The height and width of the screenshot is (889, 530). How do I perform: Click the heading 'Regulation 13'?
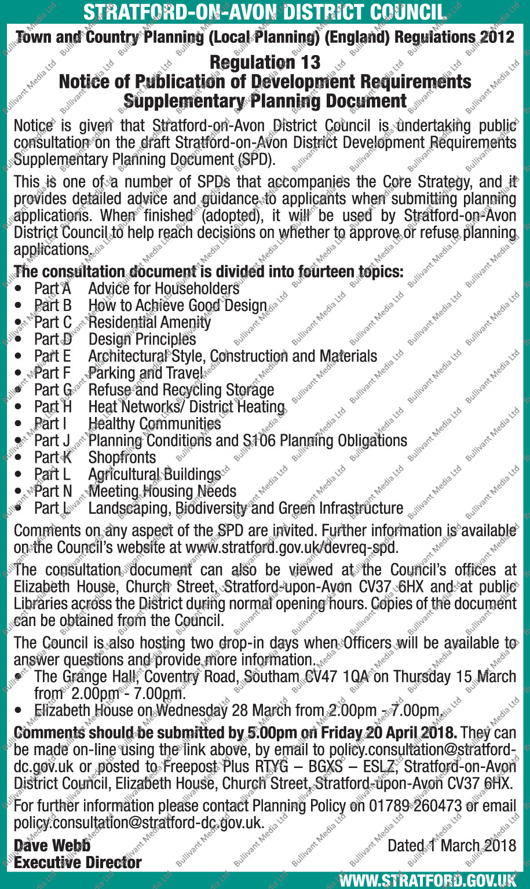click(265, 62)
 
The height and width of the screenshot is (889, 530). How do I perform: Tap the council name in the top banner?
click(265, 12)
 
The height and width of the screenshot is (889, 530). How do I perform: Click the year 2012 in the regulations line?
click(497, 37)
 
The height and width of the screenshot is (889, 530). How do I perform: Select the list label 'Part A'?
click(52, 288)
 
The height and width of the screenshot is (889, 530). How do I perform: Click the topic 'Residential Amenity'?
click(149, 322)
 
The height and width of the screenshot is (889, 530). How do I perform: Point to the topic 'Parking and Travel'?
click(145, 373)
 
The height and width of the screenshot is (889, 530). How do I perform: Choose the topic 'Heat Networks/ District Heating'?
click(187, 407)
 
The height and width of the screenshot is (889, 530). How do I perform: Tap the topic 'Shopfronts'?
click(122, 458)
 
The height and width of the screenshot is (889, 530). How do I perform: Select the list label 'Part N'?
click(53, 492)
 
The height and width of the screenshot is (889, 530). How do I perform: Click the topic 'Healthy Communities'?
click(154, 424)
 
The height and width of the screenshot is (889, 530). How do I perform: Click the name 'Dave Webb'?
click(52, 846)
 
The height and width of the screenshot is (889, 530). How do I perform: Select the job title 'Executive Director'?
click(78, 862)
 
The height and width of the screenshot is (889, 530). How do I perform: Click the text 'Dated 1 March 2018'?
click(452, 846)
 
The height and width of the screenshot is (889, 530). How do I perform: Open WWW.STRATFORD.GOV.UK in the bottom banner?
click(427, 881)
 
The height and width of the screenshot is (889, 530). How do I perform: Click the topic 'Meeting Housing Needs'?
click(162, 492)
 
